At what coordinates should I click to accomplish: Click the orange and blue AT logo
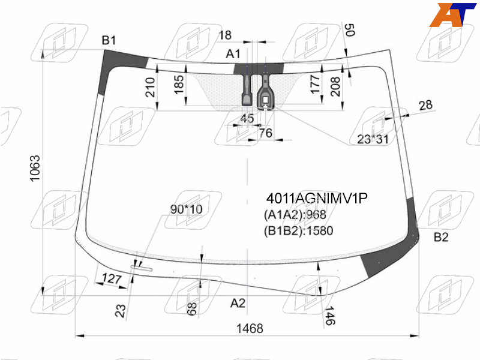pos(452,14)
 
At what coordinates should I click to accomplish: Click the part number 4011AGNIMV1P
pos(317,199)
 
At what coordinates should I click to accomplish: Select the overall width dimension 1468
pos(250,328)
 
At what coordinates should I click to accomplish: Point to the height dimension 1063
pos(35,169)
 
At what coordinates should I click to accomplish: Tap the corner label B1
pos(109,40)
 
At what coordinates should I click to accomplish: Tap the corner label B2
pos(441,237)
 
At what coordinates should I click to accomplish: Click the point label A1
pos(233,54)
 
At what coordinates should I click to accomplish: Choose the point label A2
pos(238,304)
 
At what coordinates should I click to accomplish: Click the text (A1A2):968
pos(295,215)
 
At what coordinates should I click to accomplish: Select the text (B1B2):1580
pos(298,230)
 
